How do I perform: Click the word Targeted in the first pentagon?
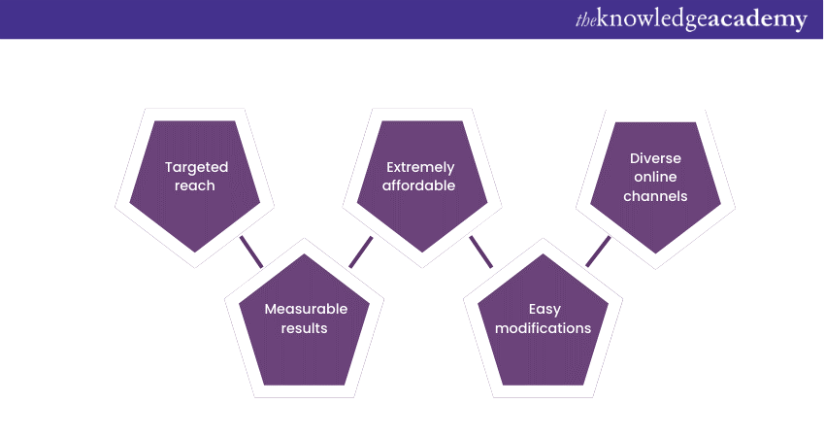click(x=196, y=168)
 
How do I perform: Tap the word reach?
click(x=195, y=185)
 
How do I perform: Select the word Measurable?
click(x=306, y=309)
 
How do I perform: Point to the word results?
click(x=305, y=327)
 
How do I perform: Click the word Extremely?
click(x=420, y=167)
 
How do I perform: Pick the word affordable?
click(x=420, y=185)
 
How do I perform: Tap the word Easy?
click(x=544, y=309)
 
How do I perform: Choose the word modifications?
click(x=544, y=327)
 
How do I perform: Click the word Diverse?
click(x=656, y=157)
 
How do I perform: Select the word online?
click(x=657, y=177)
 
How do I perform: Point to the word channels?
click(x=657, y=195)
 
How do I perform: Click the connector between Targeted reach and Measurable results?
click(x=251, y=251)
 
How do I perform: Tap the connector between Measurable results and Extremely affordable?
click(x=361, y=251)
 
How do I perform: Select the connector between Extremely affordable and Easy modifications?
click(x=481, y=251)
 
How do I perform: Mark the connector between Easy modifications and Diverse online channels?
click(x=598, y=251)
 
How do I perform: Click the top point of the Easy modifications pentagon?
click(x=544, y=254)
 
